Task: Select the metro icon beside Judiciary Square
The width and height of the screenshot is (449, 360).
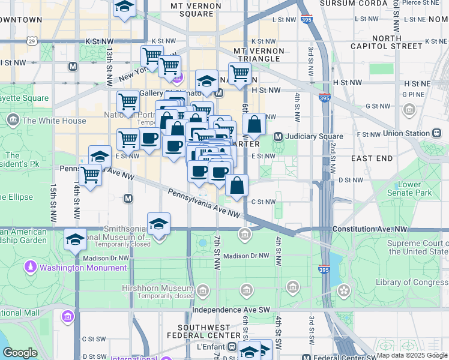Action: coord(278,136)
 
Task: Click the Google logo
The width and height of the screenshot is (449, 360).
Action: coord(20,353)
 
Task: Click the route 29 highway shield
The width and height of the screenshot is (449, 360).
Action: coord(32,41)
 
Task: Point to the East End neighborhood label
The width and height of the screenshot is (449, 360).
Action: coord(372,158)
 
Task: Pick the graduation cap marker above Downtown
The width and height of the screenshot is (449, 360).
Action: coord(124,7)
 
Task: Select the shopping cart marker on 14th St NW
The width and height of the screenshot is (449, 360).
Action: coord(90,175)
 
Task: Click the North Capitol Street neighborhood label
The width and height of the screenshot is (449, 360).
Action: coord(378,43)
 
